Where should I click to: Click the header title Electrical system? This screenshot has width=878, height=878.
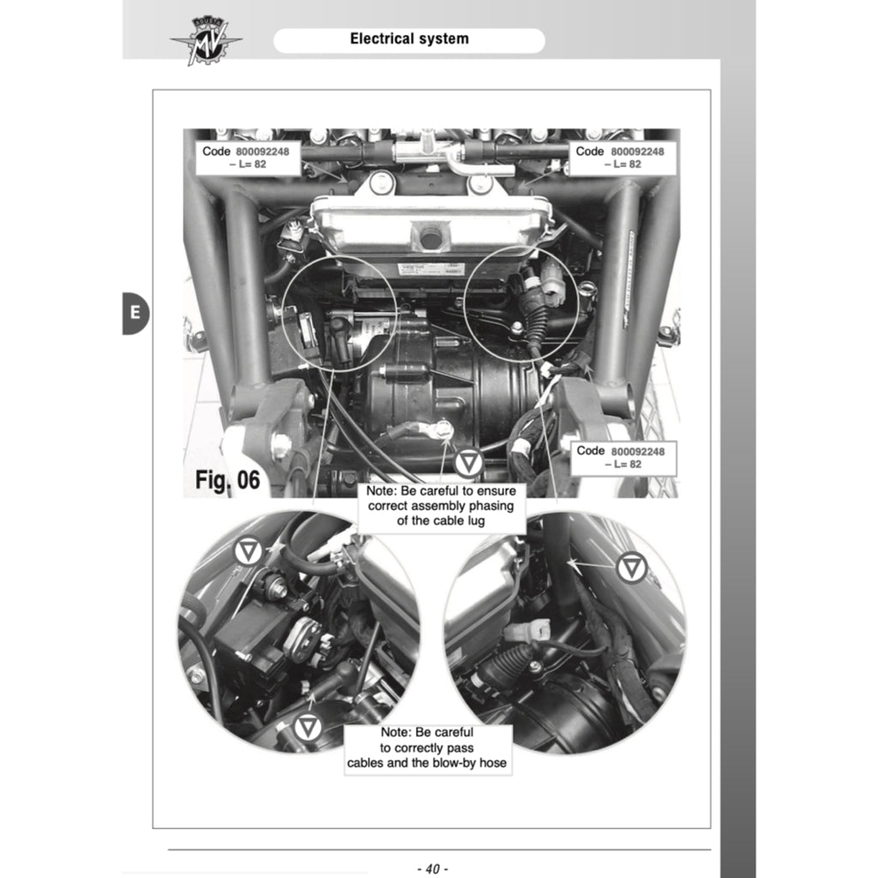tap(409, 39)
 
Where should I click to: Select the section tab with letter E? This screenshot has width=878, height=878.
tap(135, 313)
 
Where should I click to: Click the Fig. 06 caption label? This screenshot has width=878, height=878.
tap(227, 479)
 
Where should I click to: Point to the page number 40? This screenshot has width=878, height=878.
tap(431, 869)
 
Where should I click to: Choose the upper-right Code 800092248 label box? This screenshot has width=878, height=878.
tap(622, 158)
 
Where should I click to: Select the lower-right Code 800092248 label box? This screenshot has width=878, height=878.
tap(622, 457)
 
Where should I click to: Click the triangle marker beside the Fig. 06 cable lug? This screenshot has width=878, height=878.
tap(468, 464)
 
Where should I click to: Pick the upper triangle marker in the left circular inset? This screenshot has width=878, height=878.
tap(249, 550)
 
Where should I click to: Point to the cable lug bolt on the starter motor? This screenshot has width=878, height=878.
tap(442, 429)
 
